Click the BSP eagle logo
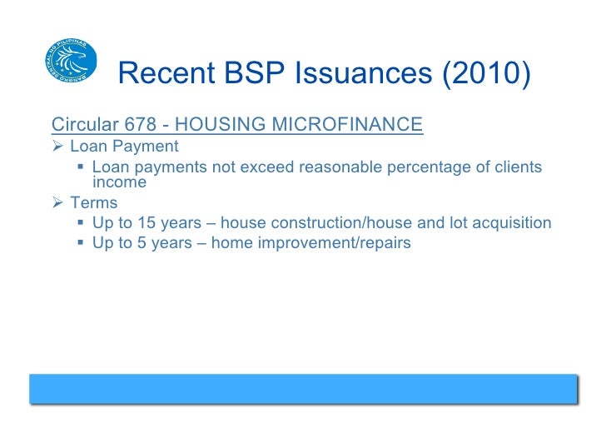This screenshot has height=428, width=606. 71,58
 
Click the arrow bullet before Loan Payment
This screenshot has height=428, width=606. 57,147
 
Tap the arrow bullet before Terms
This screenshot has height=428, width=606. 57,203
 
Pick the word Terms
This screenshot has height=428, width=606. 93,203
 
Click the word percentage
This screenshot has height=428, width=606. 423,168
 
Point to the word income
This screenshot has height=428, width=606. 119,182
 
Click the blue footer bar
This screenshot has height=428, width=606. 303,388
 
